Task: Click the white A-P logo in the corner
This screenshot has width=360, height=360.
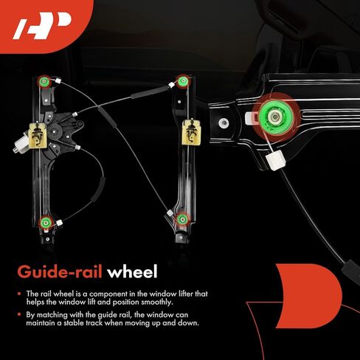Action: pyautogui.click(x=42, y=26)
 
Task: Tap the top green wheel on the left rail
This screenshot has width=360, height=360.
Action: pyautogui.click(x=44, y=81)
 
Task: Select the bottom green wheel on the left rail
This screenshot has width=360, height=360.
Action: pyautogui.click(x=46, y=223)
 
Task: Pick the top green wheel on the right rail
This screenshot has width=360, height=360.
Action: pyautogui.click(x=182, y=80)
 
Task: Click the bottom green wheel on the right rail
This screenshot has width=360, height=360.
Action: pyautogui.click(x=182, y=219)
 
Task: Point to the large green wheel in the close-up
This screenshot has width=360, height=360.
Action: pyautogui.click(x=275, y=117)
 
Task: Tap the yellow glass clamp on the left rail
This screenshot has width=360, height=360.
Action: pyautogui.click(x=38, y=136)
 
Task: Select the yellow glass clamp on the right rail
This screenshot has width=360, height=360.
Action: pyautogui.click(x=191, y=133)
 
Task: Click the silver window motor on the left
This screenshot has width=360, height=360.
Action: pyautogui.click(x=21, y=145)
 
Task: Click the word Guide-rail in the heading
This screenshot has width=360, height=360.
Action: pyautogui.click(x=60, y=272)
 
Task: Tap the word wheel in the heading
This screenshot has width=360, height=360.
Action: pyautogui.click(x=132, y=271)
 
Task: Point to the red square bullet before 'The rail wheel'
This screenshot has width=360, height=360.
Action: pyautogui.click(x=19, y=294)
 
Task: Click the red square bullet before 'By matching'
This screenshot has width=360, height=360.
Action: pyautogui.click(x=19, y=314)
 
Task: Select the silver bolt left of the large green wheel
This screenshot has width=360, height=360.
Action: pyautogui.click(x=224, y=122)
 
